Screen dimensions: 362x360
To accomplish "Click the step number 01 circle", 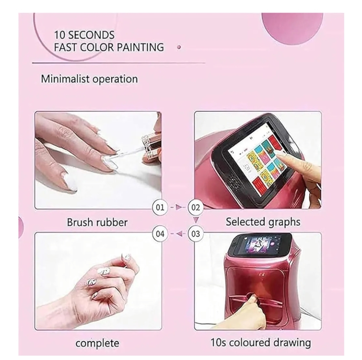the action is [x=160, y=207].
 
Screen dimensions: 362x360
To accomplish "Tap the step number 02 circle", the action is [x=195, y=207].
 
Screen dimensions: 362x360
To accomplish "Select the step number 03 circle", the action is [x=195, y=234].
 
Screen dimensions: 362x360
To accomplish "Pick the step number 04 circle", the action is [x=160, y=234].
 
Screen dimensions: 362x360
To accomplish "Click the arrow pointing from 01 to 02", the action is [x=178, y=207].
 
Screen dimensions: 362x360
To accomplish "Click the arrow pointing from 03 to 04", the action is [x=178, y=234].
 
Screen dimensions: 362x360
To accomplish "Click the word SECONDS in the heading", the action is [x=92, y=35].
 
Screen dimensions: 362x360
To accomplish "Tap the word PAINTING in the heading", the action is [x=140, y=47].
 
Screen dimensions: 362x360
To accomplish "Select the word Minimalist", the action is [x=65, y=79].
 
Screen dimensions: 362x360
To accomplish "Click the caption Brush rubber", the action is [x=97, y=222].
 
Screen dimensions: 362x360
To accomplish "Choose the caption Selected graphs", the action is [x=263, y=222].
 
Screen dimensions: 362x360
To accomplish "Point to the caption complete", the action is [x=97, y=343].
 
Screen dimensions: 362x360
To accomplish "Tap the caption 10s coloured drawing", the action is [x=260, y=343].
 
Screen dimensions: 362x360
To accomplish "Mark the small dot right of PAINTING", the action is [x=179, y=48].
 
